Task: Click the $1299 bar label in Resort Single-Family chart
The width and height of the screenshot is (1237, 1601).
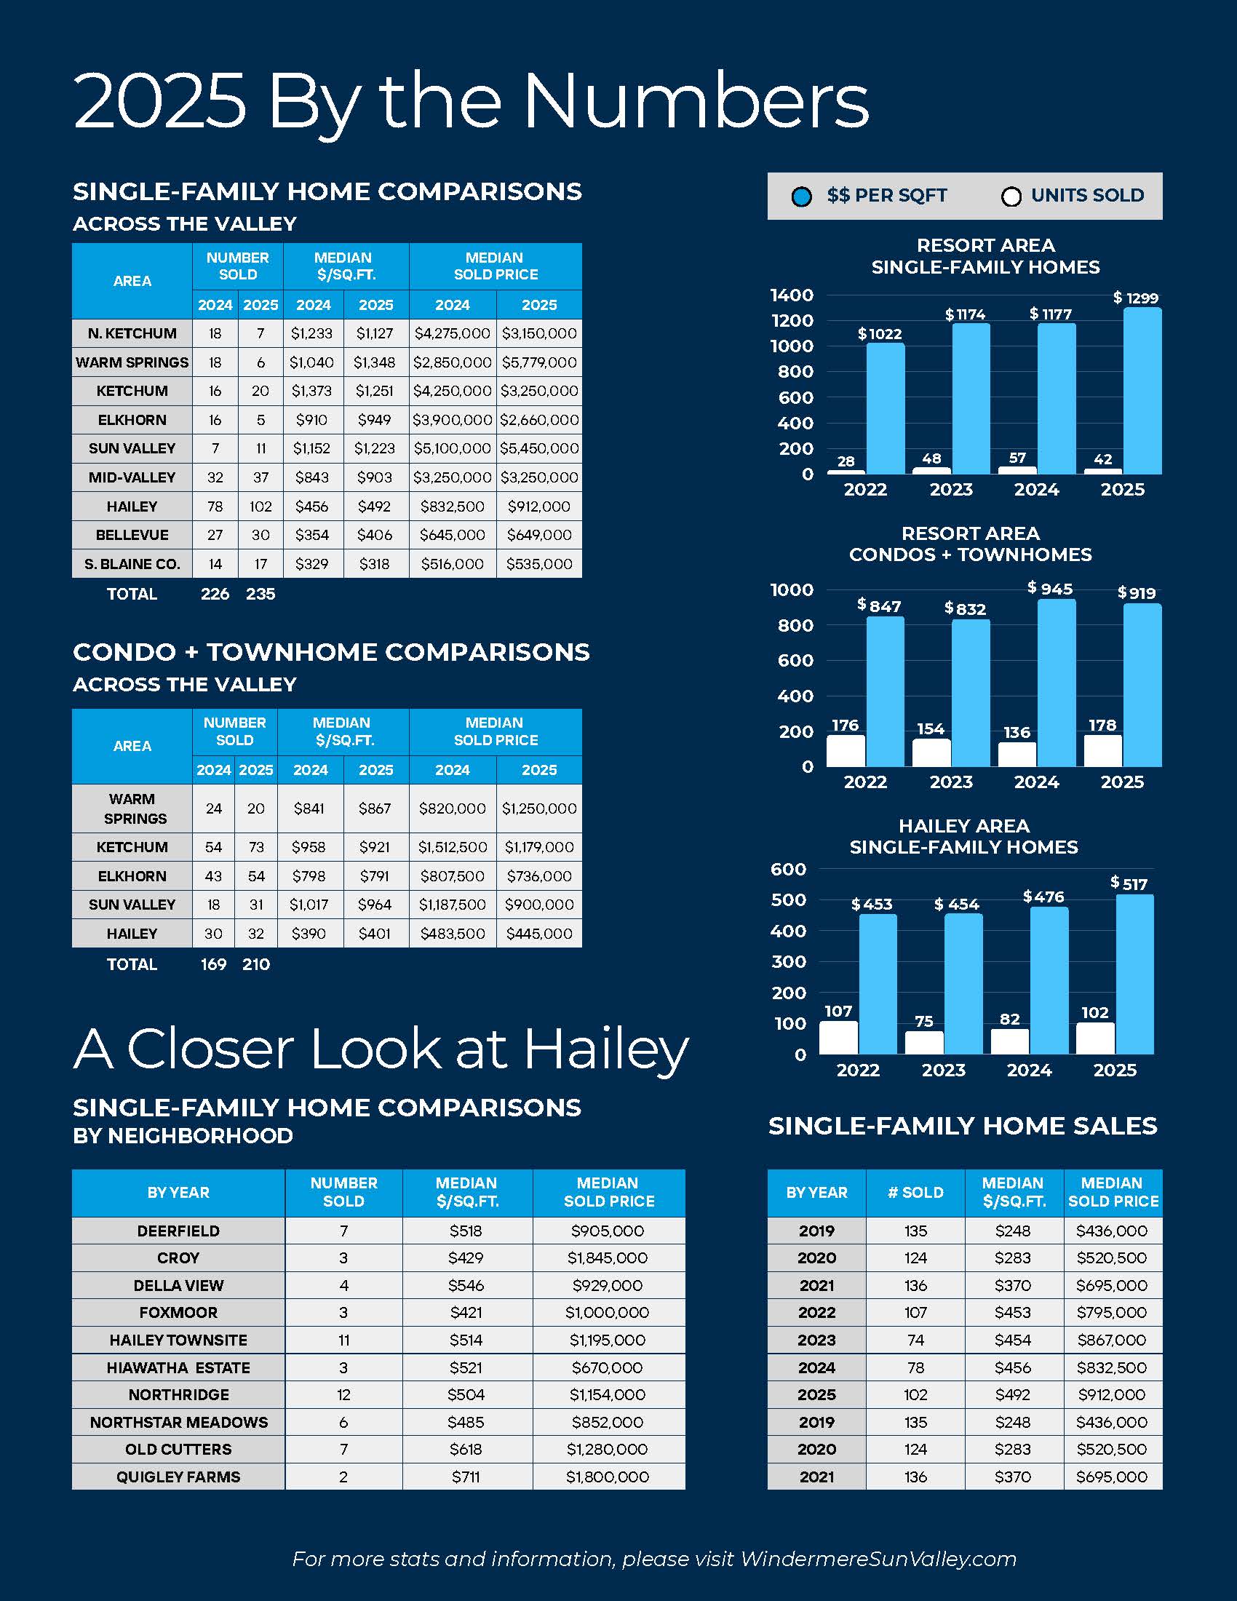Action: pos(1136,298)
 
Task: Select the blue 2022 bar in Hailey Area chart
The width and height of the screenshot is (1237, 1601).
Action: pos(878,983)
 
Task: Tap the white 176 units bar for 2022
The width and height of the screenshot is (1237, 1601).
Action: pos(846,751)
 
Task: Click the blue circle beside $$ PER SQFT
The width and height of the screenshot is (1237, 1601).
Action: pos(802,196)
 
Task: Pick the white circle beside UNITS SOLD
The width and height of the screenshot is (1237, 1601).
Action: pos(1011,196)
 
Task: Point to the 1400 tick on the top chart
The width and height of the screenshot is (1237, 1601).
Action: pos(792,295)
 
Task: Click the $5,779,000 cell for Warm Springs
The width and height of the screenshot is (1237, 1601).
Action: pos(539,362)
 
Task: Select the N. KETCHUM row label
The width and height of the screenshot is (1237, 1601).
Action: pos(132,333)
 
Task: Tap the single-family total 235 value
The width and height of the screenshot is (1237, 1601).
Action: pos(260,594)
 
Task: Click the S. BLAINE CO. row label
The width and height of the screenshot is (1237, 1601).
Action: pos(132,564)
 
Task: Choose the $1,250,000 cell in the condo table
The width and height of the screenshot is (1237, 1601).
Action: pos(539,809)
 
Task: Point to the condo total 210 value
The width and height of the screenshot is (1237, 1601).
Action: pos(255,964)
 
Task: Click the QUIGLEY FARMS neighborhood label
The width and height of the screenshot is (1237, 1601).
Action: pos(178,1477)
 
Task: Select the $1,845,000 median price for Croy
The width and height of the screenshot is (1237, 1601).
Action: pos(608,1258)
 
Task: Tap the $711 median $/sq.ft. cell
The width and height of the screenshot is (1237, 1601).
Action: pos(466,1477)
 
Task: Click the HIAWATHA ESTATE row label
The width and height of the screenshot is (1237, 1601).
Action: pos(178,1367)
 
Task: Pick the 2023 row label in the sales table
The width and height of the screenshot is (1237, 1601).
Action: pos(816,1340)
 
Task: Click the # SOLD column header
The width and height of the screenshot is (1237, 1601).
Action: pos(915,1193)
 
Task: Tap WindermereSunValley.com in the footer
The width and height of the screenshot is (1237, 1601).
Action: pos(878,1559)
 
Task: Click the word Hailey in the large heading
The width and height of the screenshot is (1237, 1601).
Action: pos(606,1049)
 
